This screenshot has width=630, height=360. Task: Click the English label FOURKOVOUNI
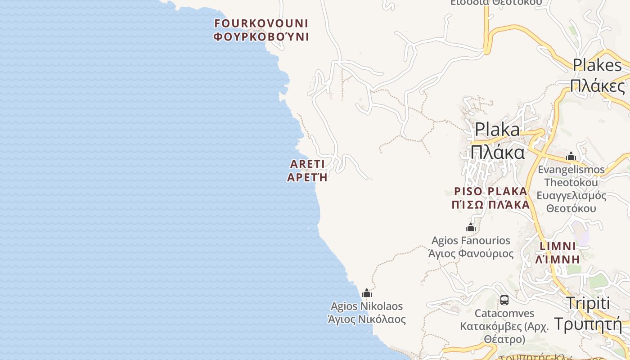pos(261,23)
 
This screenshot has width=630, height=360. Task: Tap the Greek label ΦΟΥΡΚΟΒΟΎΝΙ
pos(261,37)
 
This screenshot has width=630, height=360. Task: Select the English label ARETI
pos(308,163)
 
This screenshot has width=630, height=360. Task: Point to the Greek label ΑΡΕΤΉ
pos(308,177)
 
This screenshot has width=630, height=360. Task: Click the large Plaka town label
pos(497,130)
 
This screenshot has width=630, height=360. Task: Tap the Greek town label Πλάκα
pos(497,152)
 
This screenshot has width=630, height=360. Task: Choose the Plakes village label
pos(597,65)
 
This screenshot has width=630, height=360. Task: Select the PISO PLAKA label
pos(490,191)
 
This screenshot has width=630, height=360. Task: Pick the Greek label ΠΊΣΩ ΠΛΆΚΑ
pos(490,205)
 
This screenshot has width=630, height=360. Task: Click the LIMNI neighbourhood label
pos(558,246)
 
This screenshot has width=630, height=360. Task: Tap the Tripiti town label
pos(588,303)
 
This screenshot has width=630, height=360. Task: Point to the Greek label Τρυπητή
pos(588,324)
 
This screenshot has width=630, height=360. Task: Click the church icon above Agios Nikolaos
pos(367,293)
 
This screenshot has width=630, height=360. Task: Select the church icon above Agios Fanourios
pos(471,227)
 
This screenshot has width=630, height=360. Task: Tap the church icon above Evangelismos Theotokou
pos(571,157)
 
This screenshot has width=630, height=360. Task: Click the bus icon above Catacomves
pos(504,300)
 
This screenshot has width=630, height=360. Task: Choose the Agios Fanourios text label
pos(471,241)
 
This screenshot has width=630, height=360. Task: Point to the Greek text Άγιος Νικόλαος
pos(367,320)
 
